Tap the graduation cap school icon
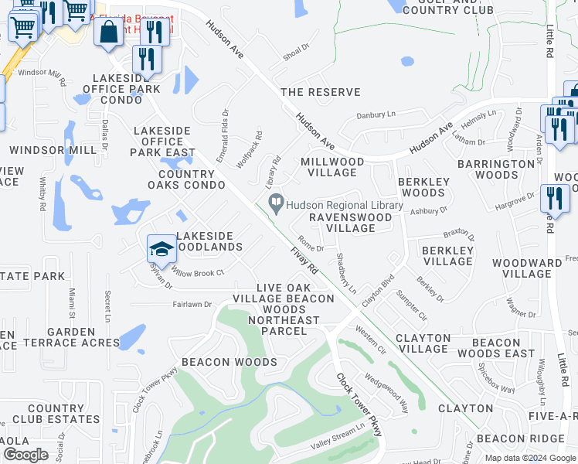161,249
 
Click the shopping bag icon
109,32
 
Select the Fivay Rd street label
304,261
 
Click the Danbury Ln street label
376,115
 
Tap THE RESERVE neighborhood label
320,92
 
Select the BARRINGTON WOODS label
495,169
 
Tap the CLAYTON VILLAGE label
423,343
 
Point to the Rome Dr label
311,244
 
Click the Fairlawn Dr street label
192,305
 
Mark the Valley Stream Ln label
337,437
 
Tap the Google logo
26,454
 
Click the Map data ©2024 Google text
530,458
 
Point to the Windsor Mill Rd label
42,73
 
